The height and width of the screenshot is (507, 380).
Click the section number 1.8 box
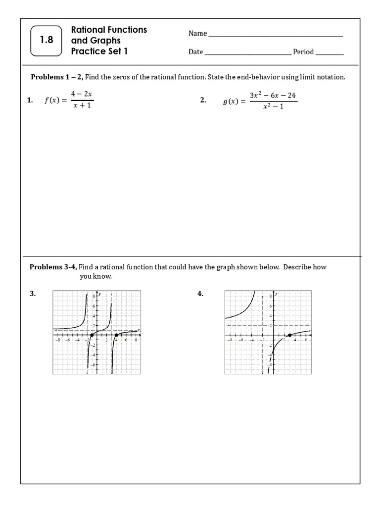click(x=47, y=41)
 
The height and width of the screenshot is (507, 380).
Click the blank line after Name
click(x=275, y=34)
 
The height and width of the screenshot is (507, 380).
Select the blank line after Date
click(x=247, y=52)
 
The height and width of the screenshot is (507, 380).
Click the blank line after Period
click(x=329, y=52)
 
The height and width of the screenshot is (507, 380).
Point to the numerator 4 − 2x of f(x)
click(x=82, y=94)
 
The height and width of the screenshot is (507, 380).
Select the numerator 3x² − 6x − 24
click(x=273, y=95)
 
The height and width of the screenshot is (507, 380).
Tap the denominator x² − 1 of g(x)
click(x=273, y=106)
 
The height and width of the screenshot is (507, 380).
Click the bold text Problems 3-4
click(x=52, y=267)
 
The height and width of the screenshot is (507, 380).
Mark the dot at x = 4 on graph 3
click(x=116, y=336)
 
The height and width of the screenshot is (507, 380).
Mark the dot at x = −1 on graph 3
click(x=92, y=336)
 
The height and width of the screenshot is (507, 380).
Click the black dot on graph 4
click(x=289, y=336)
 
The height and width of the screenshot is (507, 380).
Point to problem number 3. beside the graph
click(x=33, y=294)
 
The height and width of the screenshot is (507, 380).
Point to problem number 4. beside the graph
click(x=200, y=294)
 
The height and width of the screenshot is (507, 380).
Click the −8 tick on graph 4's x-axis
click(x=230, y=340)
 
